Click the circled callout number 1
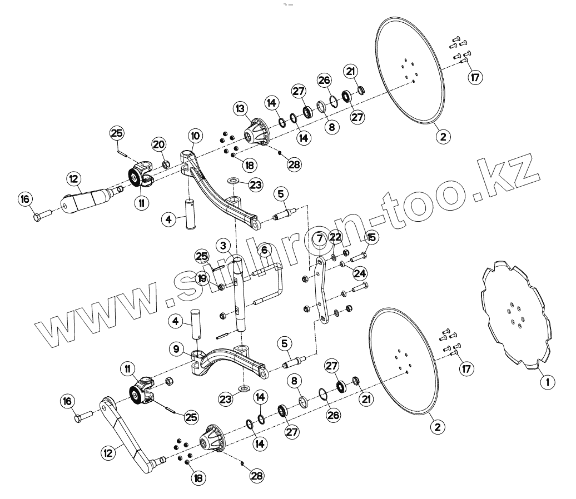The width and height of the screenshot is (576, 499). click(547, 382)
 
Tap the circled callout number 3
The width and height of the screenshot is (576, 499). click(223, 246)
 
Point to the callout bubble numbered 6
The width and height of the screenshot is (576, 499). click(264, 250)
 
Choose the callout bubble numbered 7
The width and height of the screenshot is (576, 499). click(319, 239)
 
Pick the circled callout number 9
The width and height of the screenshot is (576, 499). click(176, 350)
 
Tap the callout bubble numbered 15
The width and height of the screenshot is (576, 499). click(371, 237)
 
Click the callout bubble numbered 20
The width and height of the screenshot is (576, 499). click(159, 144)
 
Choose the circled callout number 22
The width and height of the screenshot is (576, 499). click(335, 237)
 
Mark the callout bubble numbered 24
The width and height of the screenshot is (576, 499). click(360, 273)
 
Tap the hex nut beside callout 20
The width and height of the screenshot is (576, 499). click(165, 164)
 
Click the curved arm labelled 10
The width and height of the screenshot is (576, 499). click(222, 189)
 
